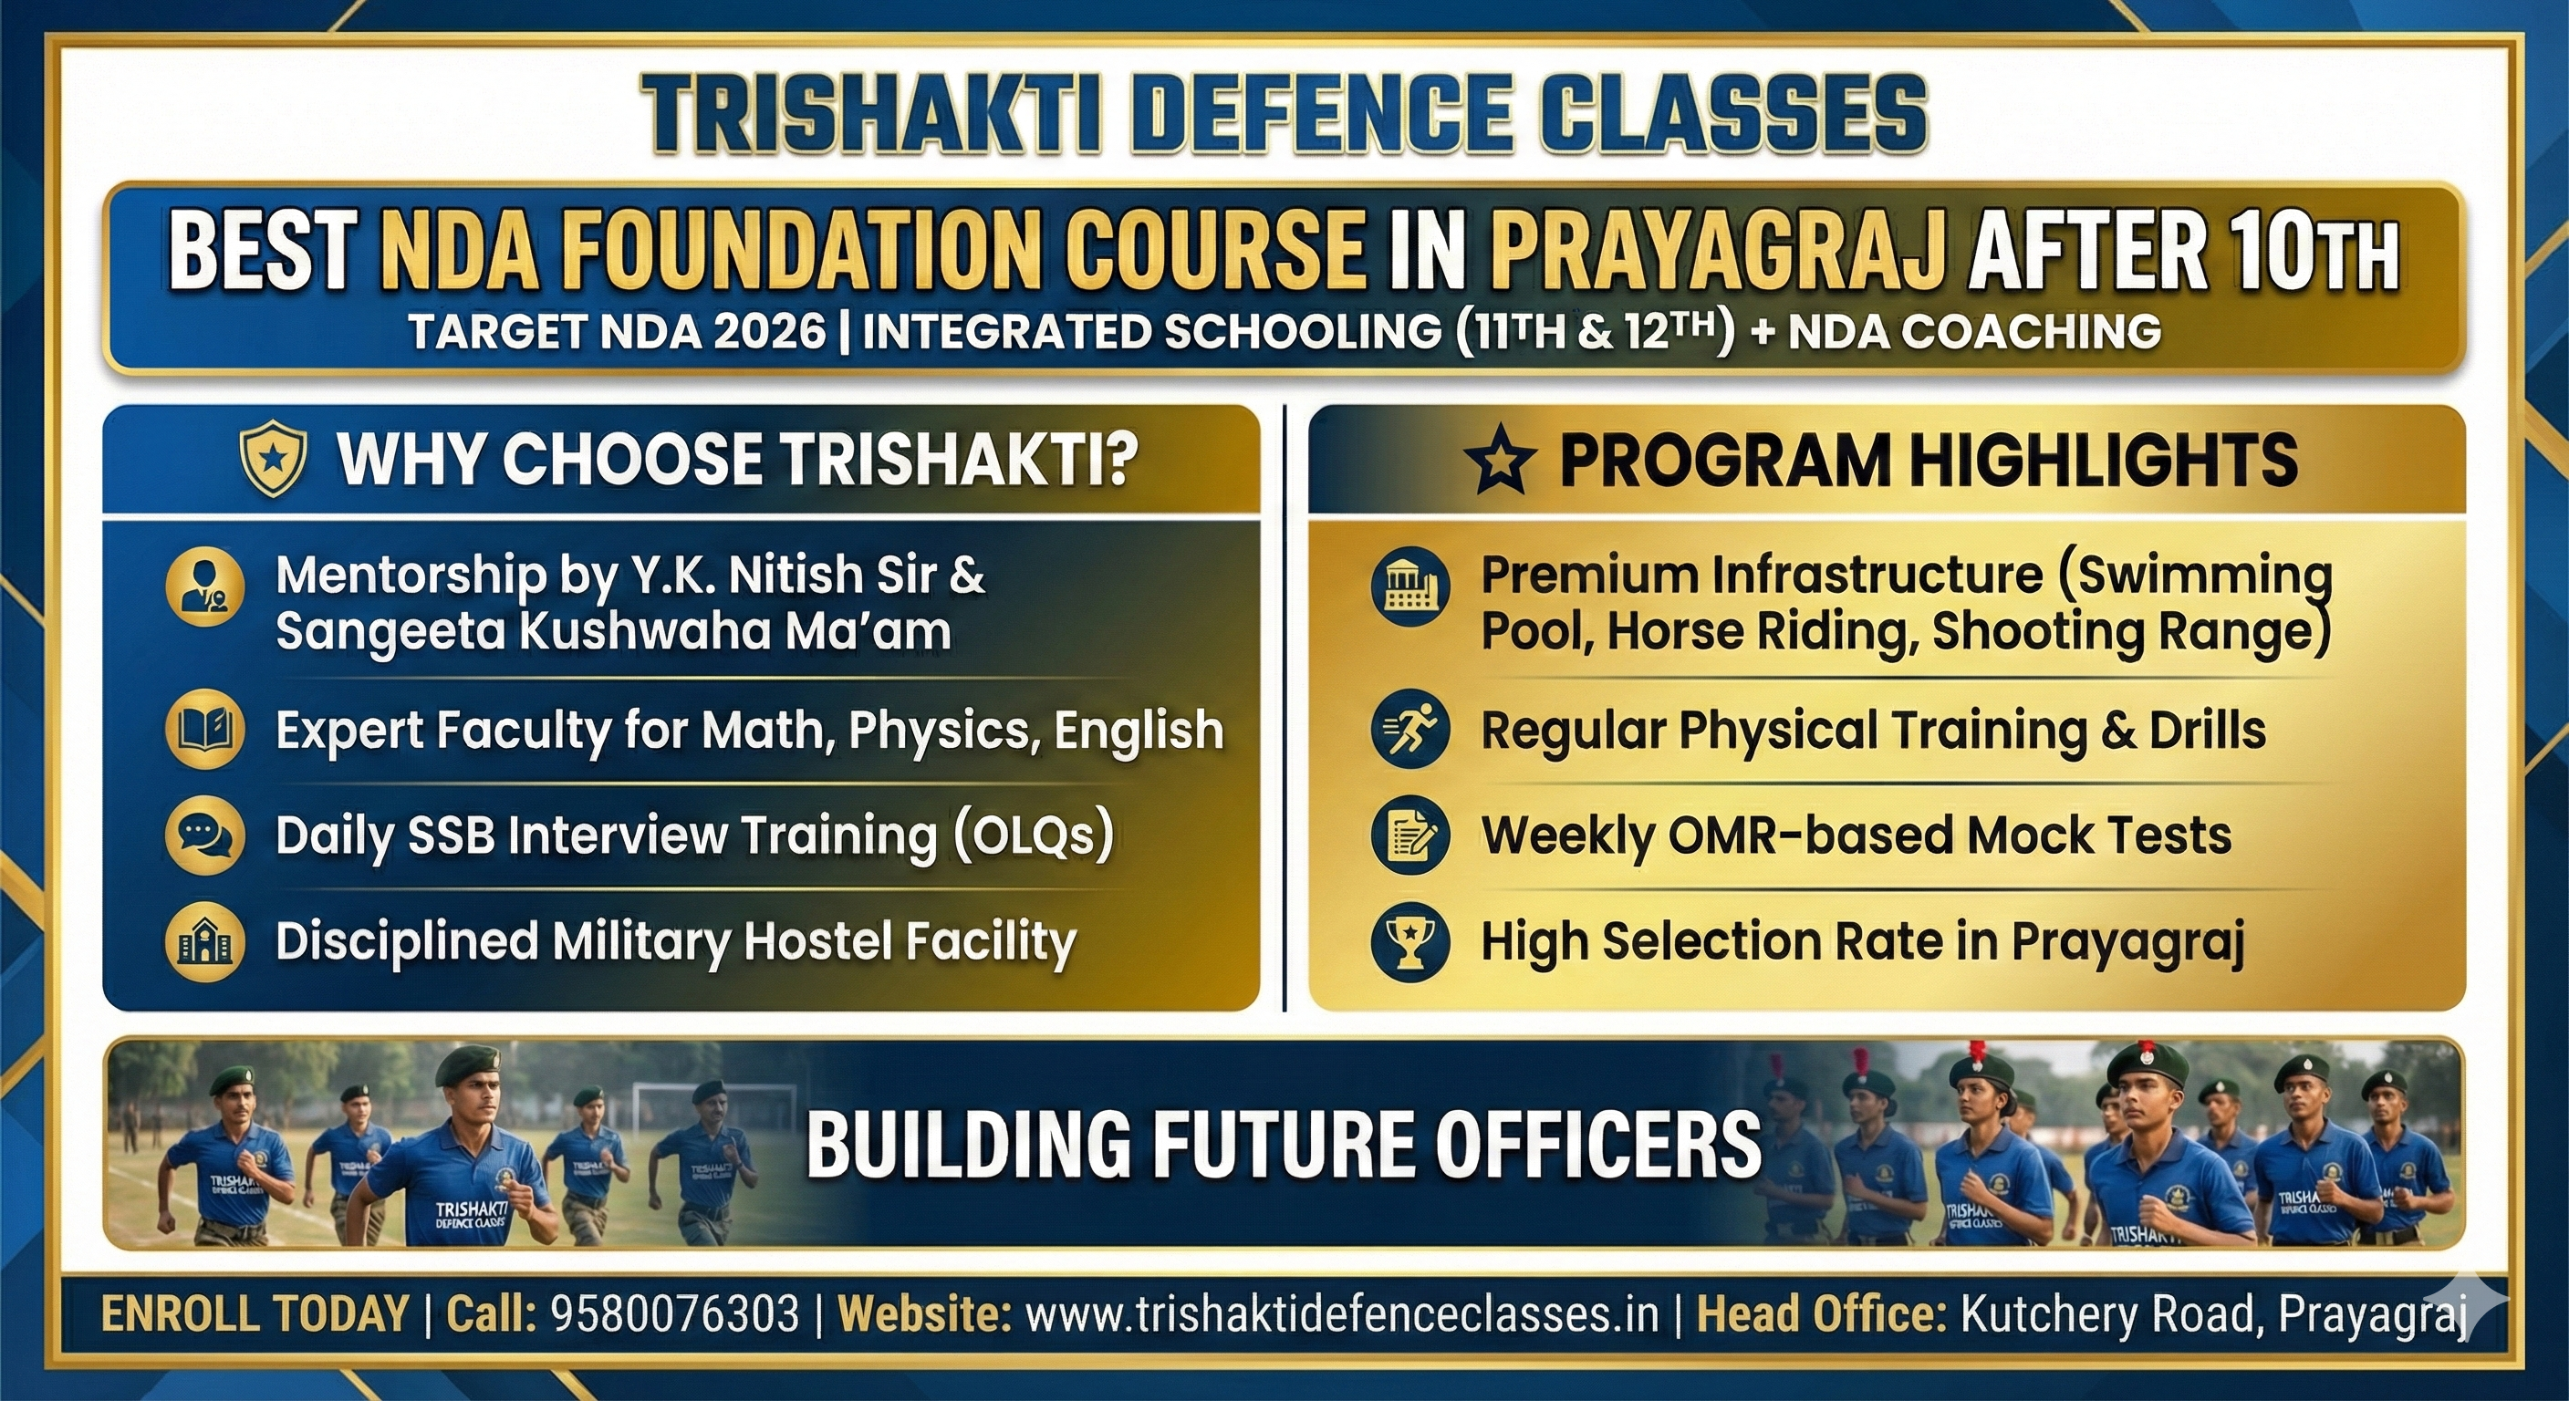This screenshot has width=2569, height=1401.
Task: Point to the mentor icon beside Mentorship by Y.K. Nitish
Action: pos(204,586)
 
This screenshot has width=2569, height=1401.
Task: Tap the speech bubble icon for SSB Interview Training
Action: pos(204,835)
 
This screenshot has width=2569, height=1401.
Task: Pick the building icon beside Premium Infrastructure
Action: pos(1410,587)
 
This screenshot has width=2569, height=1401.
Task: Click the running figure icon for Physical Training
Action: pos(1410,731)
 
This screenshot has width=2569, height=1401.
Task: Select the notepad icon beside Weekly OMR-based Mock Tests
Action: pos(1410,836)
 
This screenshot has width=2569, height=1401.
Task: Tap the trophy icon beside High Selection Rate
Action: pos(1410,942)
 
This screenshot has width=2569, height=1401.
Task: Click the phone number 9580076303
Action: pos(675,1314)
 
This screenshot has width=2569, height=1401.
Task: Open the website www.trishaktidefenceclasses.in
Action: pos(1342,1314)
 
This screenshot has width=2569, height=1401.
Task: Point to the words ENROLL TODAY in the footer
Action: pos(255,1314)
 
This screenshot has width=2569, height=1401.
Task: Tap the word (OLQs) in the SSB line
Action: pos(1034,835)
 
